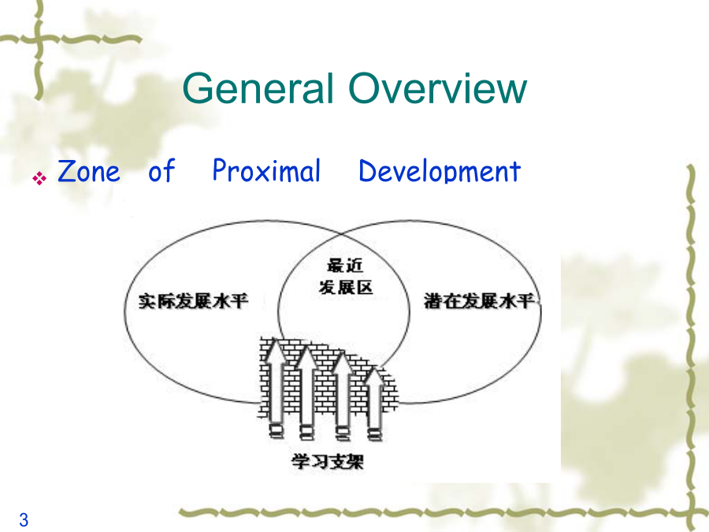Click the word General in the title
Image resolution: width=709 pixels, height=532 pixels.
[x=258, y=88]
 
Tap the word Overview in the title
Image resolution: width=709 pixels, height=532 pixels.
[x=438, y=88]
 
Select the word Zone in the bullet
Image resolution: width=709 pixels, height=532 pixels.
[x=89, y=171]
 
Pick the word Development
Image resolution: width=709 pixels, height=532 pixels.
[x=440, y=172]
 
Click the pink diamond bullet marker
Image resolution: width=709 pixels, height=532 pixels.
[x=39, y=178]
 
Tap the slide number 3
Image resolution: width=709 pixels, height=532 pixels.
[x=24, y=520]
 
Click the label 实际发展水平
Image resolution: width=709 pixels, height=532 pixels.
[x=194, y=301]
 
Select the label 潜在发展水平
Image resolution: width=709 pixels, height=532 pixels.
[x=480, y=301]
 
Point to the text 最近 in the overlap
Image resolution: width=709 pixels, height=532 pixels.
[x=345, y=266]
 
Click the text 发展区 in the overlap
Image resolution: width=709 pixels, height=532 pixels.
[x=346, y=287]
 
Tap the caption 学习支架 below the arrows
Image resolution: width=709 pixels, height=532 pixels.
[x=328, y=461]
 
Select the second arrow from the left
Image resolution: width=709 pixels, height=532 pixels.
[x=307, y=392]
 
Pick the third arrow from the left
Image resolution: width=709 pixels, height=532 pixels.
[x=343, y=396]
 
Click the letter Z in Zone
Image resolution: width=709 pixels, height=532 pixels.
[x=66, y=171]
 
